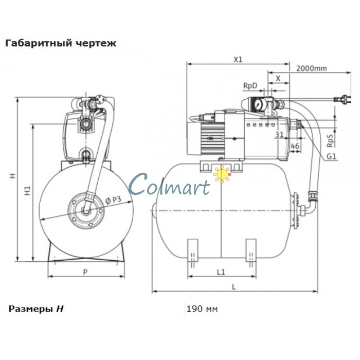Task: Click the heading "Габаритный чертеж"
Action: tap(60, 43)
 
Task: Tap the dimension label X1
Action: tap(238, 60)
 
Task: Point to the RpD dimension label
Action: tap(250, 85)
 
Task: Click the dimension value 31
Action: tap(279, 135)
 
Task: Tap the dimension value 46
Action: tap(295, 147)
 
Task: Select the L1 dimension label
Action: tap(221, 271)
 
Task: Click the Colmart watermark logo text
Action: tap(170, 184)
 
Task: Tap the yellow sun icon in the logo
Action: tap(222, 175)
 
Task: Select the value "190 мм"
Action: tap(202, 309)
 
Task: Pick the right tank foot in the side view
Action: tap(251, 249)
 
